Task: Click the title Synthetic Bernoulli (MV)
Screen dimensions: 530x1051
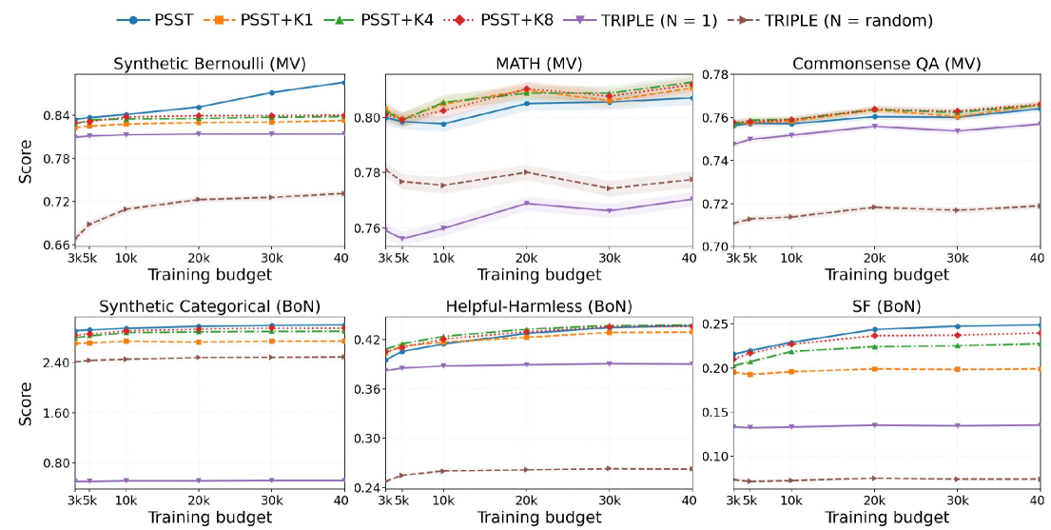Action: (x=208, y=65)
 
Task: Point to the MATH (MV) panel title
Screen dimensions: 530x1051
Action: (x=538, y=65)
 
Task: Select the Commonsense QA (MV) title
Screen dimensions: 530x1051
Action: (x=886, y=65)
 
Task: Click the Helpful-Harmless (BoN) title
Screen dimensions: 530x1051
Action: (x=538, y=306)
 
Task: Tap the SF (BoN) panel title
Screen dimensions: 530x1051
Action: (x=886, y=306)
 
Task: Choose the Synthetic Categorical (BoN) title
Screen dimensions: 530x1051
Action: (x=208, y=306)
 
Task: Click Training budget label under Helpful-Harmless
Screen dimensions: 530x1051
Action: (x=538, y=518)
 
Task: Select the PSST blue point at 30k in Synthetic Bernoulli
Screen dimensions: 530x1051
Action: (x=272, y=92)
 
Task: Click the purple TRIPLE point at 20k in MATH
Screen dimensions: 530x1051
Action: (x=527, y=204)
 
